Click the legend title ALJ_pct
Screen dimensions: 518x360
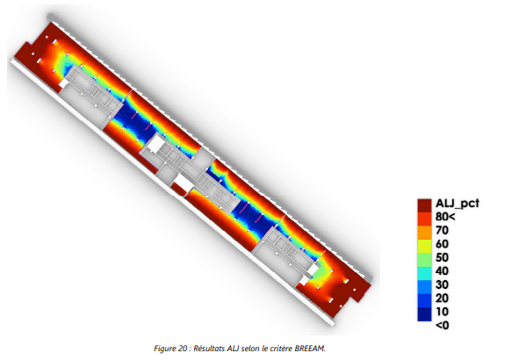pyautogui.click(x=457, y=203)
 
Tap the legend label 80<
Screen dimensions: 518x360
pyautogui.click(x=445, y=217)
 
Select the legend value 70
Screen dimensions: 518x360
pyautogui.click(x=442, y=230)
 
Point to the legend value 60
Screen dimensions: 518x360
pyautogui.click(x=442, y=244)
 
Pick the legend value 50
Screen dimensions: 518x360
pyautogui.click(x=442, y=257)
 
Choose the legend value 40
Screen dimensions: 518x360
pyautogui.click(x=442, y=270)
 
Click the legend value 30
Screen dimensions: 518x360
pyautogui.click(x=442, y=284)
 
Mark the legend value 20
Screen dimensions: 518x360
pyautogui.click(x=442, y=298)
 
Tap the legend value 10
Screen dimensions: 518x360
pyautogui.click(x=442, y=312)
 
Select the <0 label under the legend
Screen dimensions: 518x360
pyautogui.click(x=442, y=326)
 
